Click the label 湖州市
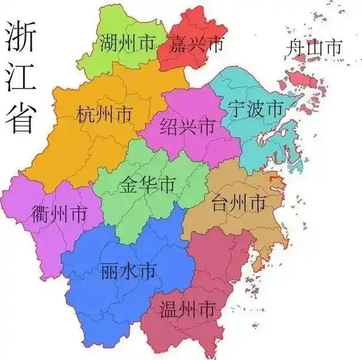(x=127, y=42)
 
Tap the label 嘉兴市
(x=195, y=44)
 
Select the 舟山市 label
(x=314, y=47)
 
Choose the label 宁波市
(x=255, y=108)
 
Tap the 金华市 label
(x=146, y=184)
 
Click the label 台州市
(x=238, y=203)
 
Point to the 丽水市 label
(x=129, y=272)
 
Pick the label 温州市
(x=187, y=309)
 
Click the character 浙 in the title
(x=19, y=37)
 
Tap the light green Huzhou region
(x=113, y=60)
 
